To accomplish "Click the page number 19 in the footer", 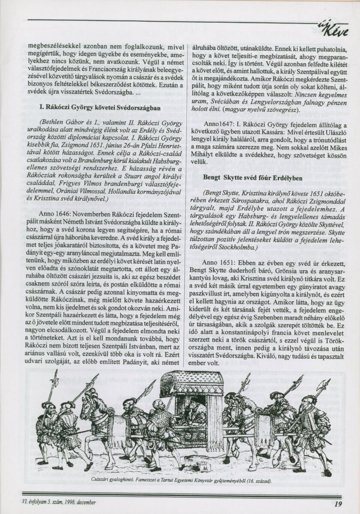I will click(338, 504).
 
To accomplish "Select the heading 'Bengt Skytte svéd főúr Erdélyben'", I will click(253, 177).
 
